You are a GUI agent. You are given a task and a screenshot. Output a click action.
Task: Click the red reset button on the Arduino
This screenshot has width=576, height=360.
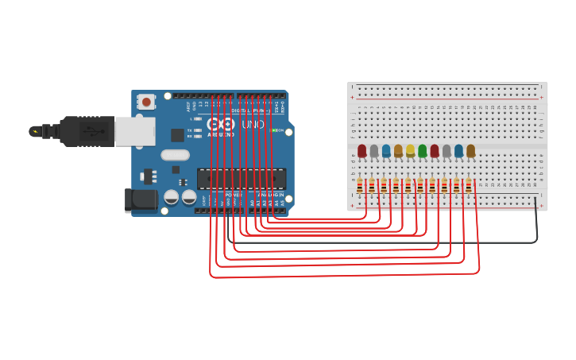(x=146, y=102)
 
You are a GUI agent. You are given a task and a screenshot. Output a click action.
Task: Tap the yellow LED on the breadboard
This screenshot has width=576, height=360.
(x=410, y=150)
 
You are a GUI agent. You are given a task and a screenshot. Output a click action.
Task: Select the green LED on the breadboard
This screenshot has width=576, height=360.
(x=422, y=150)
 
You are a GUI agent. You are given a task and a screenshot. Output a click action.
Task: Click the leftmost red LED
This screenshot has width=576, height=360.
(x=362, y=150)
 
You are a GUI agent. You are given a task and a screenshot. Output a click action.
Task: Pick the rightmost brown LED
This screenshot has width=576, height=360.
(x=470, y=150)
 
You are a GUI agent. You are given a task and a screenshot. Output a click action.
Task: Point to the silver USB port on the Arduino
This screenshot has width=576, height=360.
(x=134, y=131)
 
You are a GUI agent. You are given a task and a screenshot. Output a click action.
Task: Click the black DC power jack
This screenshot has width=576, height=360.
(x=141, y=200)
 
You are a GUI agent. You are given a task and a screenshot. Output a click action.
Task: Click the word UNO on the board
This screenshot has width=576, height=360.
(x=253, y=125)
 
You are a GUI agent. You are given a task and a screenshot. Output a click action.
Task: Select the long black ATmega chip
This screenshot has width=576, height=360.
(x=241, y=179)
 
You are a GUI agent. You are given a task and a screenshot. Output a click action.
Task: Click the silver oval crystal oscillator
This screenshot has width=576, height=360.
(x=175, y=155)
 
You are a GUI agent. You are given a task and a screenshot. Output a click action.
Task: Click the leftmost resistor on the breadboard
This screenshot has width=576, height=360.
(x=360, y=186)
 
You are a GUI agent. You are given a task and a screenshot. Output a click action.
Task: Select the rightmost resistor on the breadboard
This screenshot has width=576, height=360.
(x=469, y=186)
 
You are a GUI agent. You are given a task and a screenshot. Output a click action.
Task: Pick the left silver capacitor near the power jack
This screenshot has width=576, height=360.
(x=171, y=197)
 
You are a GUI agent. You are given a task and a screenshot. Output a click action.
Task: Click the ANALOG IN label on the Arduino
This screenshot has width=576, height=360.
(x=270, y=195)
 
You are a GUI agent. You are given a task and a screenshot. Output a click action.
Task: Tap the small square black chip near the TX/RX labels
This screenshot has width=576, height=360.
(x=177, y=135)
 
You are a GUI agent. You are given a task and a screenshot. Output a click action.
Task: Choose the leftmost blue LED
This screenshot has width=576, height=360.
(x=386, y=150)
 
